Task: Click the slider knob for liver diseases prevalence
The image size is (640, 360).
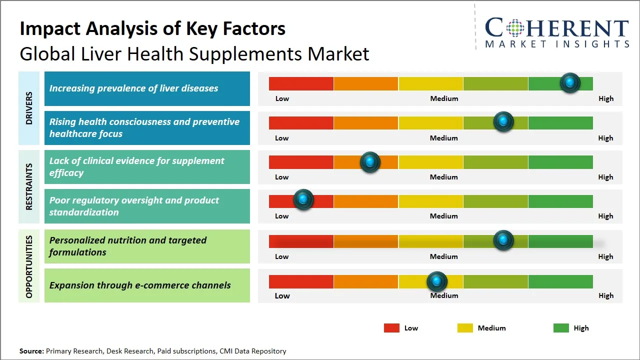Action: pyautogui.click(x=570, y=82)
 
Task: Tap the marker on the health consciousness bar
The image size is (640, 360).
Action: pyautogui.click(x=503, y=121)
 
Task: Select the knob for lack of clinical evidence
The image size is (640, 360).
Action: pyautogui.click(x=370, y=161)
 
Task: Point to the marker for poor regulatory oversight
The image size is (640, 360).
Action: pyautogui.click(x=303, y=200)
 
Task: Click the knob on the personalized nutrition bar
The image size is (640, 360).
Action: pyautogui.click(x=503, y=240)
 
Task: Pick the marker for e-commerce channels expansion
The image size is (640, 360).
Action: pyautogui.click(x=437, y=281)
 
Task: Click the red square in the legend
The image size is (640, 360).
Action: pyautogui.click(x=391, y=328)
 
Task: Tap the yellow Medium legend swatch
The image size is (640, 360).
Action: pyautogui.click(x=465, y=328)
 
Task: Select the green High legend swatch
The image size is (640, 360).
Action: pyautogui.click(x=561, y=328)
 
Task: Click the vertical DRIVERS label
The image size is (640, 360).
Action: pyautogui.click(x=29, y=108)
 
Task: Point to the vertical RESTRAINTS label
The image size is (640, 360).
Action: pyautogui.click(x=29, y=186)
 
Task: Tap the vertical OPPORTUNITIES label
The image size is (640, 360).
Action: pyautogui.click(x=29, y=266)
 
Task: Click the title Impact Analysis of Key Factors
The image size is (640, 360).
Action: pyautogui.click(x=152, y=29)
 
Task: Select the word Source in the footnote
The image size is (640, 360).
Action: pyautogui.click(x=31, y=351)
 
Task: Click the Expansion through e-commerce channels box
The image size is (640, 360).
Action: pyautogui.click(x=147, y=285)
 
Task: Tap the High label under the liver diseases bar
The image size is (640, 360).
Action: pyautogui.click(x=605, y=98)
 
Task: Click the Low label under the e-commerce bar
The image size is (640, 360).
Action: pyautogui.click(x=282, y=295)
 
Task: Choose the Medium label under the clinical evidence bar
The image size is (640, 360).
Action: pyautogui.click(x=443, y=177)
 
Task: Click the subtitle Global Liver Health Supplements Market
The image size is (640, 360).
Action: pyautogui.click(x=194, y=54)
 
